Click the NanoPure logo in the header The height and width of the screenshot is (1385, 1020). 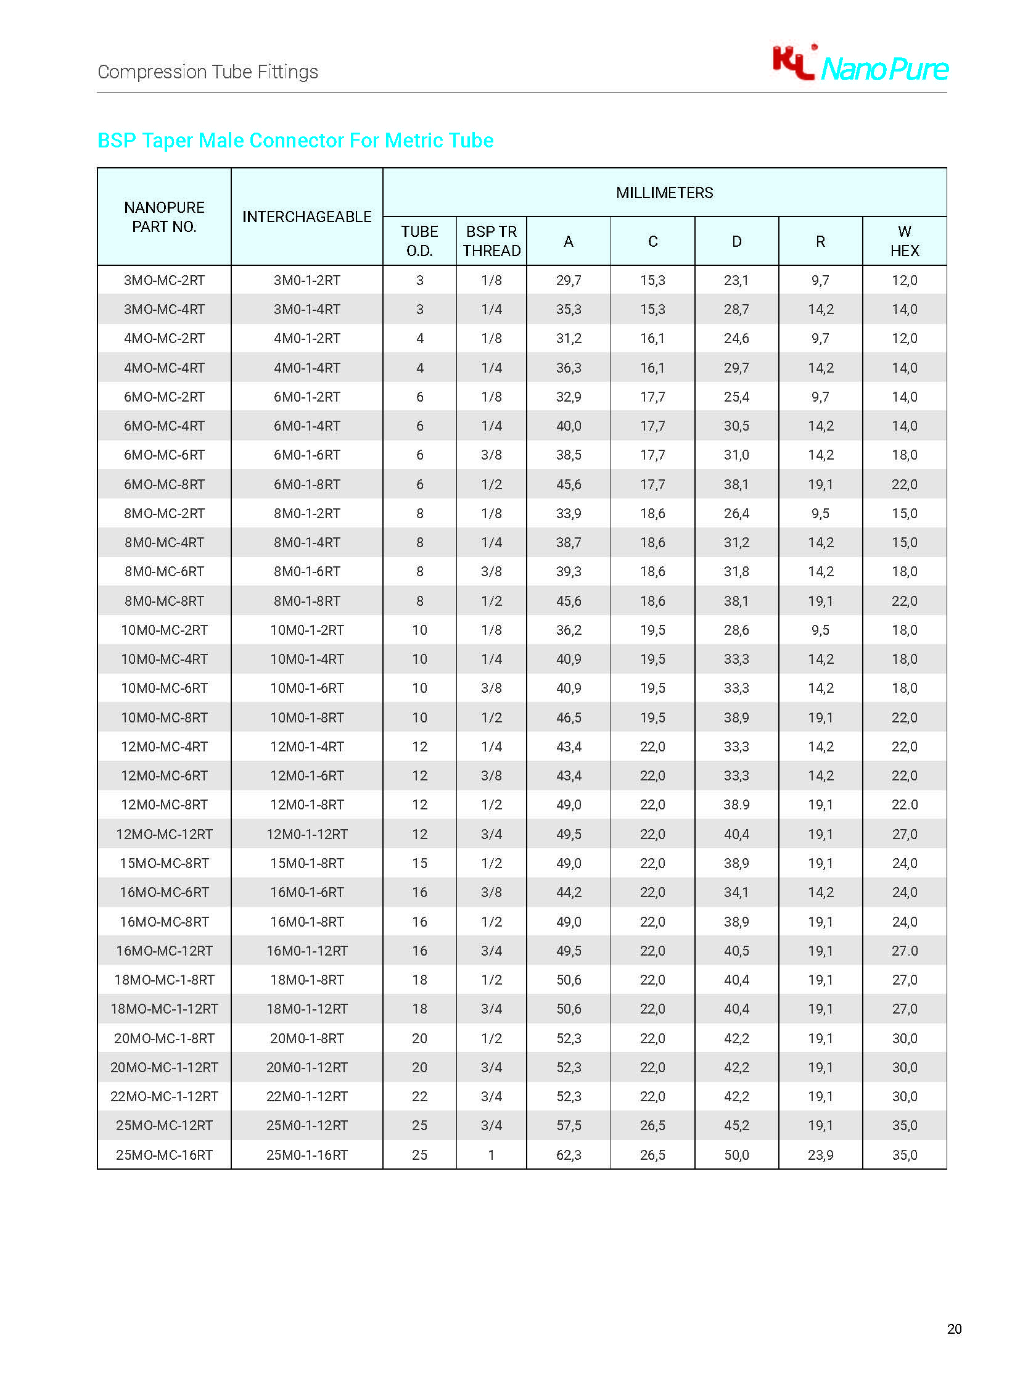coord(860,64)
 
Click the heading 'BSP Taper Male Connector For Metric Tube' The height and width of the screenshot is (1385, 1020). coord(295,141)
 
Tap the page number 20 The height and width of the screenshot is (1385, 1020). coord(954,1329)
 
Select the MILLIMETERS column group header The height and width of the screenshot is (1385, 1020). coord(664,192)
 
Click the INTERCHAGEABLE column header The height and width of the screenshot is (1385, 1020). coord(307,217)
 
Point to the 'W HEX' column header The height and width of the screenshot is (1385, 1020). coord(905,241)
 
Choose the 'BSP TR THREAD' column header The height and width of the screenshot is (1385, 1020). coord(491,241)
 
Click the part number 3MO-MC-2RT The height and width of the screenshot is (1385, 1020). coord(164,281)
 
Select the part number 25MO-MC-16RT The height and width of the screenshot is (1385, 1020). coord(164,1155)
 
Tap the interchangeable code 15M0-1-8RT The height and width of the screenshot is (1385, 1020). coord(307,863)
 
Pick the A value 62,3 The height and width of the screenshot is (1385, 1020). coord(569,1155)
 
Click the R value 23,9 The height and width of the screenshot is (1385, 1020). coord(820,1155)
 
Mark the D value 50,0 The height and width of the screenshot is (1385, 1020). coord(736,1155)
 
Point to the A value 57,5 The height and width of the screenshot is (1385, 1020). coord(569,1125)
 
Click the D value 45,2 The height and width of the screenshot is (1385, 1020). coord(736,1125)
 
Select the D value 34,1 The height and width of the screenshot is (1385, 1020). coord(736,892)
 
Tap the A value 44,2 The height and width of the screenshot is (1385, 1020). coord(569,892)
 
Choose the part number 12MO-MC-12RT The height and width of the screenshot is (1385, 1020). coord(164,834)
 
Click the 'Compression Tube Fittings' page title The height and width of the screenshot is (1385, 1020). coord(208,72)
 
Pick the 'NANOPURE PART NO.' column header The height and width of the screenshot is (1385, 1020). coord(164,217)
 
